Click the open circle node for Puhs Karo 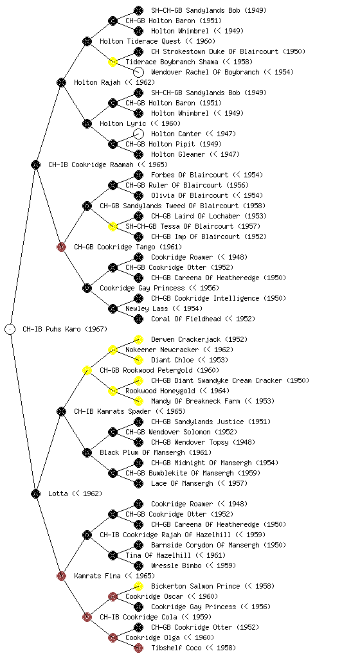click(10, 329)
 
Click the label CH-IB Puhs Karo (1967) click(65, 329)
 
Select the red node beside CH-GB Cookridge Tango click(61, 247)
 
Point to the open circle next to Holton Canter click(138, 134)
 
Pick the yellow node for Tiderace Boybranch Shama click(113, 62)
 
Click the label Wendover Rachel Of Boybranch click(206, 72)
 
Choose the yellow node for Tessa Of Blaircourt click(113, 226)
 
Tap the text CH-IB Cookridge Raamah click(91, 164)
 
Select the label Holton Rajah click(97, 82)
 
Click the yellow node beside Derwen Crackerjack click(138, 339)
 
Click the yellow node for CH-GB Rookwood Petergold click(87, 370)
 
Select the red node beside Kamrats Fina click(61, 576)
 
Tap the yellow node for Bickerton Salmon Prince click(138, 586)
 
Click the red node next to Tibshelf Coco click(138, 648)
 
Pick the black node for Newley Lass click(113, 308)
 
